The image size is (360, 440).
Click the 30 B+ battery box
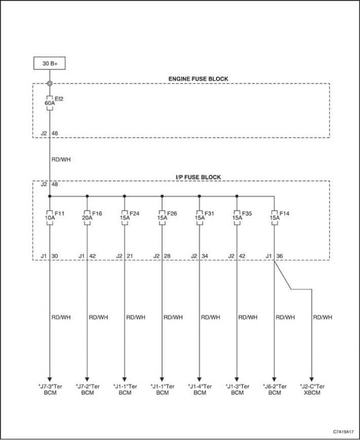point(50,63)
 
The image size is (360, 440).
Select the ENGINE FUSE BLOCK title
point(198,79)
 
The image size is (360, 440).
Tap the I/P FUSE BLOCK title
point(198,177)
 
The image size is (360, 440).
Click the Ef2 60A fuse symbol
point(50,103)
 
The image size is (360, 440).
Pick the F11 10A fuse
point(50,217)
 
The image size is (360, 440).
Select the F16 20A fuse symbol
point(87,217)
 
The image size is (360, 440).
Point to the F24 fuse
point(125,217)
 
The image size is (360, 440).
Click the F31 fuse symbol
point(199,217)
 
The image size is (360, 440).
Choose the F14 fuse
point(274,217)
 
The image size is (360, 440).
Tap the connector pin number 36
point(280,256)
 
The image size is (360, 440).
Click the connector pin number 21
point(130,256)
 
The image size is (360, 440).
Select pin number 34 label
point(205,256)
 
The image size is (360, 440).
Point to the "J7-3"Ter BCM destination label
point(50,389)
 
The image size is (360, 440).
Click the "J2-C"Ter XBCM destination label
point(312,389)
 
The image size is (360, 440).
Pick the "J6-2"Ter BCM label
point(275,389)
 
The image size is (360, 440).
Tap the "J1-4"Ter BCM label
point(200,389)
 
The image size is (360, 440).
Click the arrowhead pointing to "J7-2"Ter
point(87,379)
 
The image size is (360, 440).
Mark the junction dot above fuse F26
point(162,196)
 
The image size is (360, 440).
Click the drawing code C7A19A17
point(343,431)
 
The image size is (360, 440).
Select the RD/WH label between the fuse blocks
point(61,159)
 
